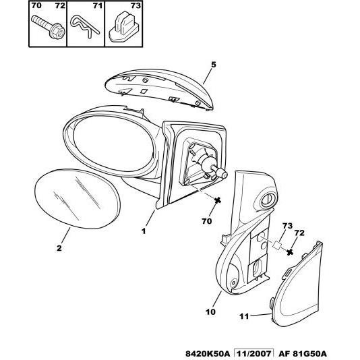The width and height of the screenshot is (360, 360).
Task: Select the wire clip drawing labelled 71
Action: point(84,26)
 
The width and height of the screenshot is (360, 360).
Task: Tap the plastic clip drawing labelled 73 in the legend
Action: point(124,26)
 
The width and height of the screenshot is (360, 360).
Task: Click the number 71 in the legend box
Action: point(98,5)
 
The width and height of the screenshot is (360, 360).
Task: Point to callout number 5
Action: point(214,65)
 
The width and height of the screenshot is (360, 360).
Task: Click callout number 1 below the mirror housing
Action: point(144,231)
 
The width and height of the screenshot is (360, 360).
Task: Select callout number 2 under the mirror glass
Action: point(59,248)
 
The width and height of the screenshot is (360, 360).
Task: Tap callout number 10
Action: point(211,311)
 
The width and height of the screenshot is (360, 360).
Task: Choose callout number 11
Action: point(244,316)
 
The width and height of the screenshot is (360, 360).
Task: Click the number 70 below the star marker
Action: point(207,221)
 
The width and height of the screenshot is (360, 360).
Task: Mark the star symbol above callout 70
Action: point(217,201)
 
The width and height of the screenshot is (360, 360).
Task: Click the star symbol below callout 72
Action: point(290,252)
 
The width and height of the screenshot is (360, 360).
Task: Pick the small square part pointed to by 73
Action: point(277,245)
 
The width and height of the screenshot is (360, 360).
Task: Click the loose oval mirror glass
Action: point(78,199)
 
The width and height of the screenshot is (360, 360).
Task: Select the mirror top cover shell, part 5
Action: point(159,89)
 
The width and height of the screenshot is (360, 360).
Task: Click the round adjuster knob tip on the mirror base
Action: point(222,174)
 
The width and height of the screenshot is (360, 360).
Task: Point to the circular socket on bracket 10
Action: point(268,199)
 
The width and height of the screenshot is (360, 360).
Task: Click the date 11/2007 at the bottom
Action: point(254,353)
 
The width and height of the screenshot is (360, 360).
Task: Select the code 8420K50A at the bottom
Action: point(208,353)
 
